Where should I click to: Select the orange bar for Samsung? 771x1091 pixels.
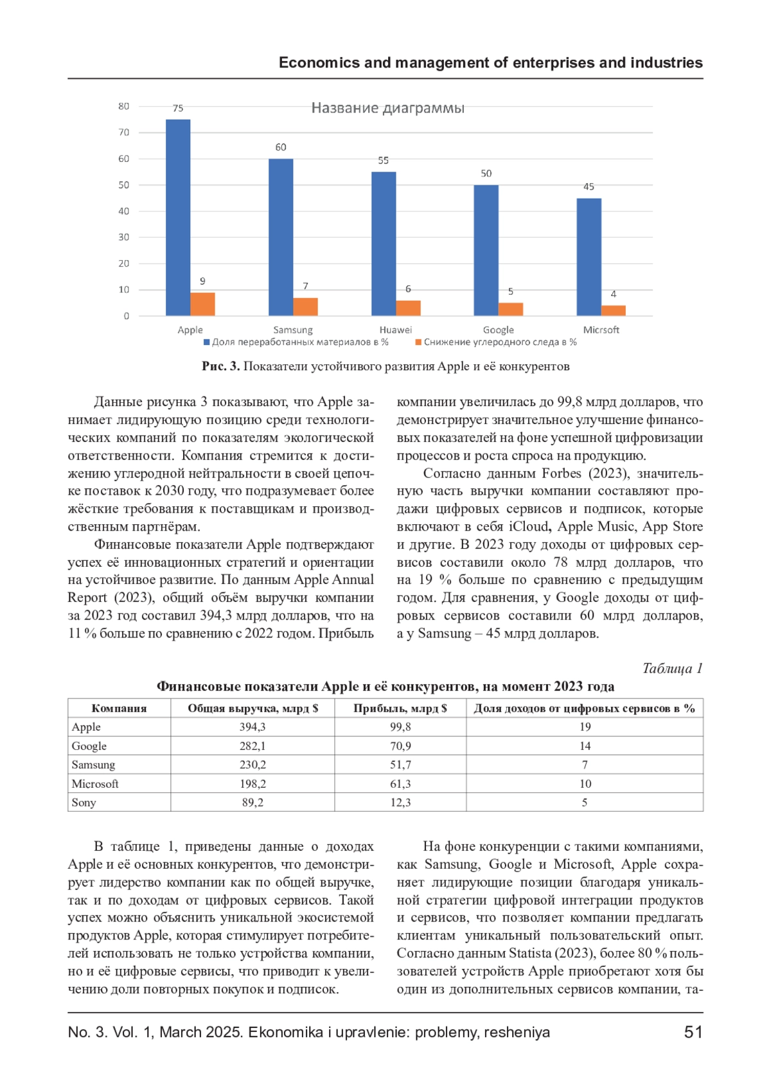click(306, 307)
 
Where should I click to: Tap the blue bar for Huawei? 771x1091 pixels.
click(384, 244)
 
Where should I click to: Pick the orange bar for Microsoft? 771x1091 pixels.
click(614, 311)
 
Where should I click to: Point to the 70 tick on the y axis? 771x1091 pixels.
click(124, 132)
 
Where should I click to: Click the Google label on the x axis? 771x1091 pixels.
click(499, 330)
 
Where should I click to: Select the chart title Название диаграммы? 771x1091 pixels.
click(387, 108)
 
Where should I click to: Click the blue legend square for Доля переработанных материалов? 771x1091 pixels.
click(207, 342)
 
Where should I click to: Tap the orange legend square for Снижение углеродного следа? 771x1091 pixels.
click(418, 342)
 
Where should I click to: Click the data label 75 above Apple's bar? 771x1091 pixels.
click(178, 109)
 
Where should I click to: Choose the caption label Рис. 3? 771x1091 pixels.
click(220, 366)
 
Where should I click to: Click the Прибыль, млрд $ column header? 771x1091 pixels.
click(400, 708)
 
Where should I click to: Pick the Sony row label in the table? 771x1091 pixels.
click(84, 803)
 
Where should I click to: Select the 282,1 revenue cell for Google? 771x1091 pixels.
click(253, 746)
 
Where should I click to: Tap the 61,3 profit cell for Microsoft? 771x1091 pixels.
click(400, 784)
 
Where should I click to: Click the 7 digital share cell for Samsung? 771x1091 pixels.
click(585, 765)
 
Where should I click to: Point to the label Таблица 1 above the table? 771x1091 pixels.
click(672, 668)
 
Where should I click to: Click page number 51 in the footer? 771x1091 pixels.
click(693, 1032)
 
